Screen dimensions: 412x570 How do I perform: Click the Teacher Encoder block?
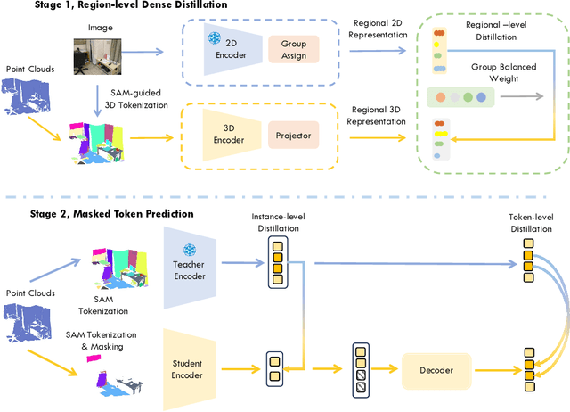pyautogui.click(x=189, y=264)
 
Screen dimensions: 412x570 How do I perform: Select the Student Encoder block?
pyautogui.click(x=188, y=367)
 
